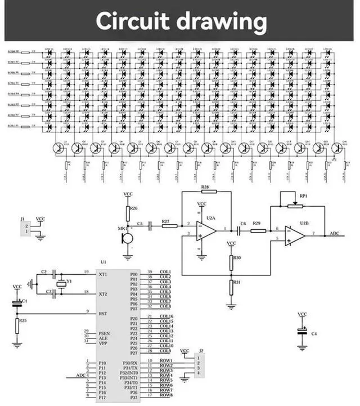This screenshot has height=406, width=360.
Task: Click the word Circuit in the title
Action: [x=132, y=21]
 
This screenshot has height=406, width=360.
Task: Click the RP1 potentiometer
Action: [x=294, y=206]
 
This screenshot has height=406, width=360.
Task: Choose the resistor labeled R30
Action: [x=231, y=261]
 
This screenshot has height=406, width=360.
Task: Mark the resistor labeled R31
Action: [x=231, y=287]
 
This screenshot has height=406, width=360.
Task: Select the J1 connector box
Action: [x=25, y=227]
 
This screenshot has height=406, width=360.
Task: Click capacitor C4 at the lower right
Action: [x=302, y=333]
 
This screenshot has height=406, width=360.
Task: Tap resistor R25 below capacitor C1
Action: [x=17, y=325]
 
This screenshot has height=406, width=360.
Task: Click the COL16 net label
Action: [x=166, y=317]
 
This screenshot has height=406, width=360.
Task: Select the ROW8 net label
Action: [x=166, y=395]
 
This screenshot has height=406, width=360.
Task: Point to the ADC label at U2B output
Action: [x=334, y=233]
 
